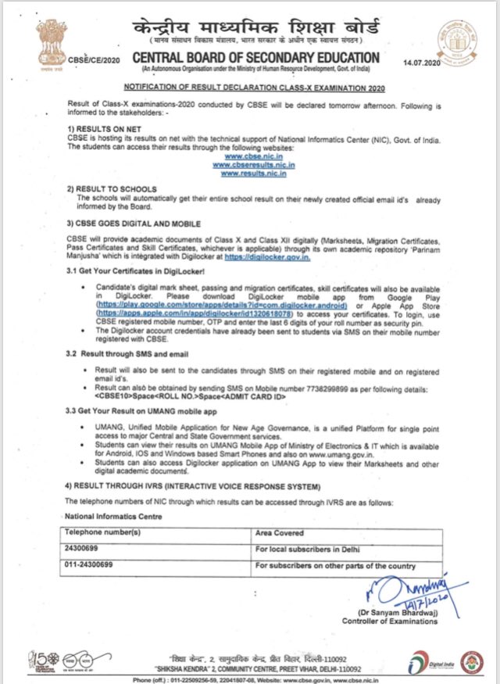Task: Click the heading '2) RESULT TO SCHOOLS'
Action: pyautogui.click(x=112, y=190)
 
